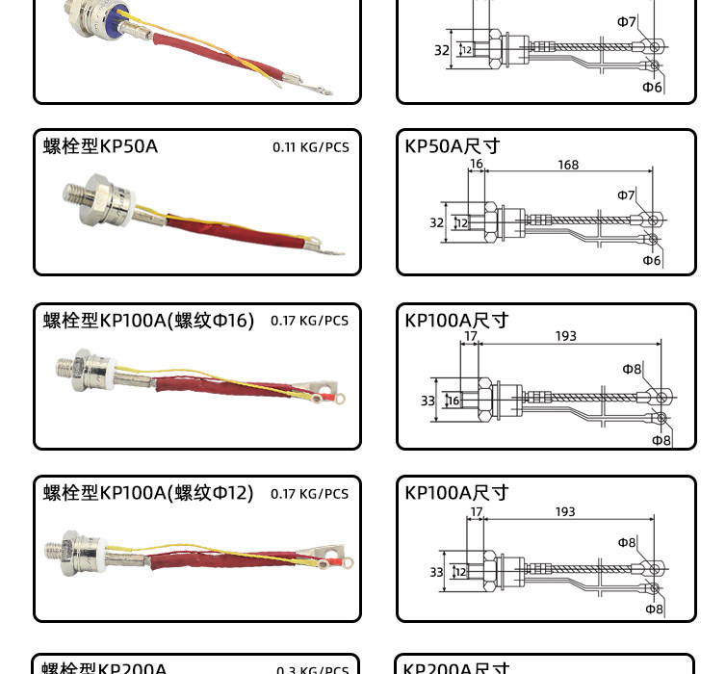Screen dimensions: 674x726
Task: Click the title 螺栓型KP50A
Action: (x=100, y=146)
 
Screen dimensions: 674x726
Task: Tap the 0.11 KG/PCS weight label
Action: (x=310, y=147)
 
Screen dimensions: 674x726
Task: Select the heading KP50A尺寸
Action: (x=453, y=146)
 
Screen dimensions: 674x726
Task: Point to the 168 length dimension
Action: (x=568, y=165)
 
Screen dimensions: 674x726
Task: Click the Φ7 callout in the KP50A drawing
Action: (x=626, y=195)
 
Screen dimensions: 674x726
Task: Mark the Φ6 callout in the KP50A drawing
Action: (x=652, y=260)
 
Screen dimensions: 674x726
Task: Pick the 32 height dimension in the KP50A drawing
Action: (x=436, y=222)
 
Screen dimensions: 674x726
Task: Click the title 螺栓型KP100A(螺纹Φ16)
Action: (x=148, y=321)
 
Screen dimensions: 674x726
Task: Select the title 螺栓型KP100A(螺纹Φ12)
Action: (x=148, y=493)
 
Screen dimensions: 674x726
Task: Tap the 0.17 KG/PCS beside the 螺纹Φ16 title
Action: (x=309, y=321)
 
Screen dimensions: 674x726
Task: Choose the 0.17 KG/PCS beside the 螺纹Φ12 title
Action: (x=309, y=494)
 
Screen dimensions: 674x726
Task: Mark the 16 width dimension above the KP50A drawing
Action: (x=476, y=165)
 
